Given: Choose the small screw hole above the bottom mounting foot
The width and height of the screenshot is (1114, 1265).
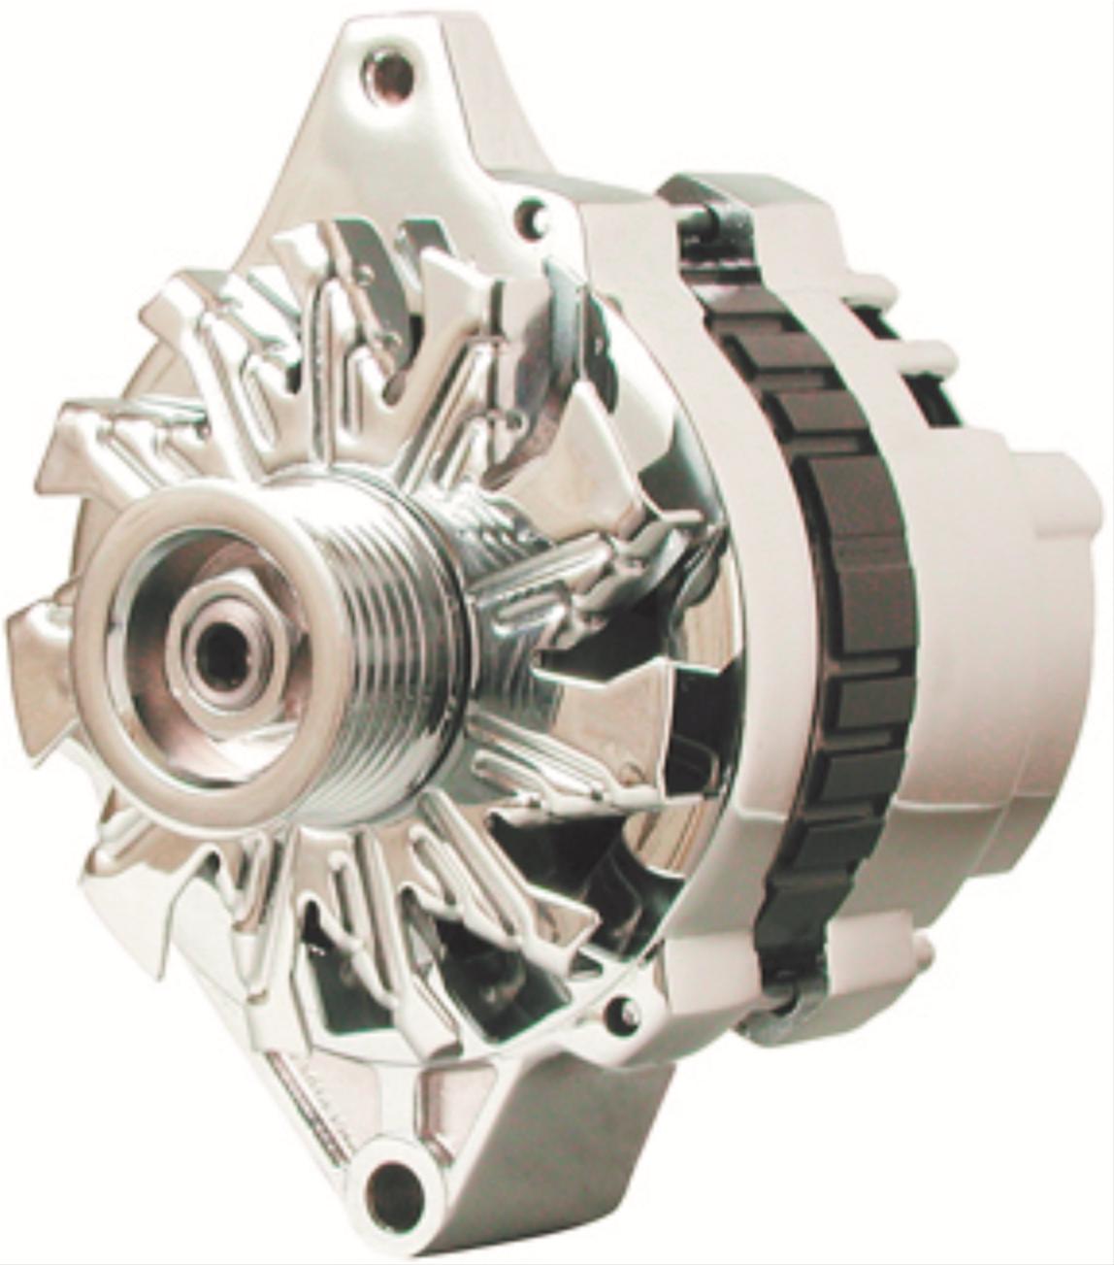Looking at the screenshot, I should [x=613, y=1013].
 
